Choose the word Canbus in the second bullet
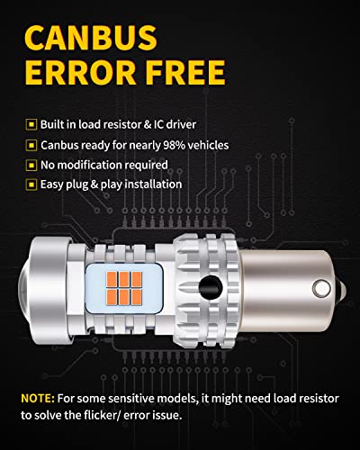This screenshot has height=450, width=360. pos(59,144)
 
